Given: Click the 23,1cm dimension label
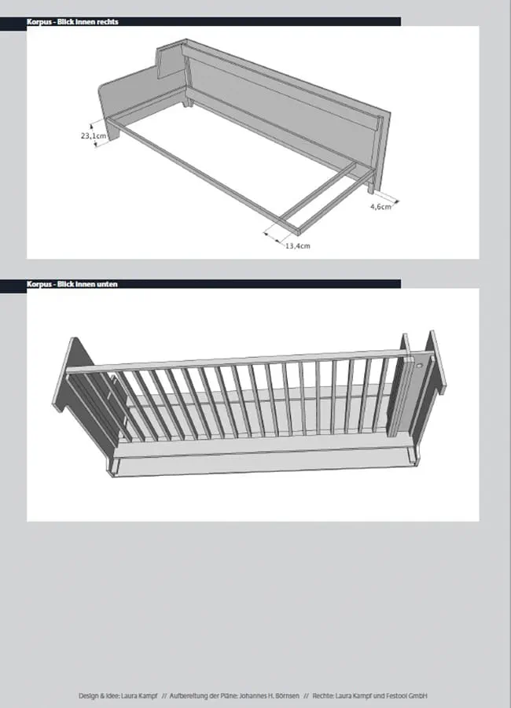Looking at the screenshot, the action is pos(94,135).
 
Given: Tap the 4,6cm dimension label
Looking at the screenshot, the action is pos(380,207).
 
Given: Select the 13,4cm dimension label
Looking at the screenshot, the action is pos(297,245).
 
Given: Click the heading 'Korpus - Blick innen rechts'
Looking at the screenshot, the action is pos(72,22).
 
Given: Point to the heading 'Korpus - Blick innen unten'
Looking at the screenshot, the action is pos(72,284).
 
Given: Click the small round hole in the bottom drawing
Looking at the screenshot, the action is pos(419,364).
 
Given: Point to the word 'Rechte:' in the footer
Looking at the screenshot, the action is pos(323,696).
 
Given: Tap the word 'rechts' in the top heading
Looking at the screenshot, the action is pos(108,22).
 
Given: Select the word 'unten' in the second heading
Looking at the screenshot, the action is pos(107,284).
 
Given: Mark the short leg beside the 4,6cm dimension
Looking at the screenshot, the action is pos(370,187).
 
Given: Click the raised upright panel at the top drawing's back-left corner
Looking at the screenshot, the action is pos(171,59).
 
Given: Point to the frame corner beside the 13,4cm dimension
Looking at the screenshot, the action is pos(298,232).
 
